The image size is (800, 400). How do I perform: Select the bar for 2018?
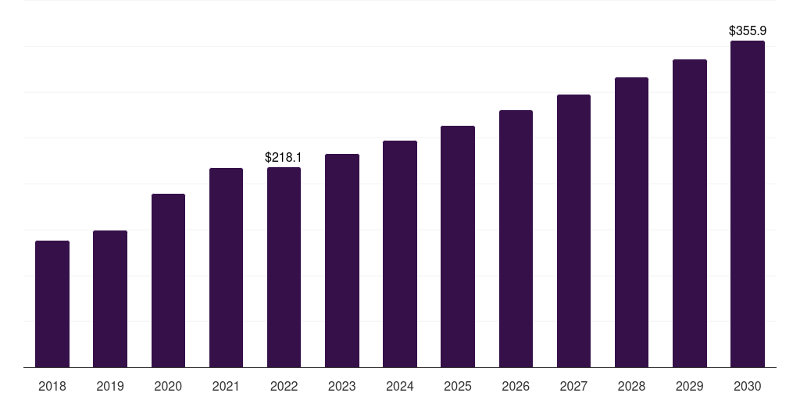point(52,304)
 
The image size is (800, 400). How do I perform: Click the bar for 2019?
point(110,299)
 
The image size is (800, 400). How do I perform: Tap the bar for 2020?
point(169,280)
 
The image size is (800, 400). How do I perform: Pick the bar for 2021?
point(226,268)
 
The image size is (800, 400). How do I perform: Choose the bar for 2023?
point(342,261)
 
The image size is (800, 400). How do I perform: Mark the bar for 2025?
point(458,246)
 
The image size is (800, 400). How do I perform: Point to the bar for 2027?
point(573,231)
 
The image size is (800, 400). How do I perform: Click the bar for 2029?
point(690,213)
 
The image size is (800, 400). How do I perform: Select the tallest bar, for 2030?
point(748,204)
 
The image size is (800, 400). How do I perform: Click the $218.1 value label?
point(283,157)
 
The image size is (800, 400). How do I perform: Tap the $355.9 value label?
point(748,30)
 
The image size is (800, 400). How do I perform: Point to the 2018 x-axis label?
point(52,386)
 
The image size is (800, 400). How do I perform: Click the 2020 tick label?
point(168,386)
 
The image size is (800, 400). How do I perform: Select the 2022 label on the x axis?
point(284,386)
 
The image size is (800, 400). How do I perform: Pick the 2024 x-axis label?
point(399,386)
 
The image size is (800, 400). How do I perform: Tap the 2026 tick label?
point(516,386)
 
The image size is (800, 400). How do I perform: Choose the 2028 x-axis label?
point(631,386)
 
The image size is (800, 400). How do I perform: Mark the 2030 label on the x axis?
point(748,386)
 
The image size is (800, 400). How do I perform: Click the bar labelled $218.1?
point(284,267)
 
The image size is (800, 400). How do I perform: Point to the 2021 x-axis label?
point(226,386)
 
